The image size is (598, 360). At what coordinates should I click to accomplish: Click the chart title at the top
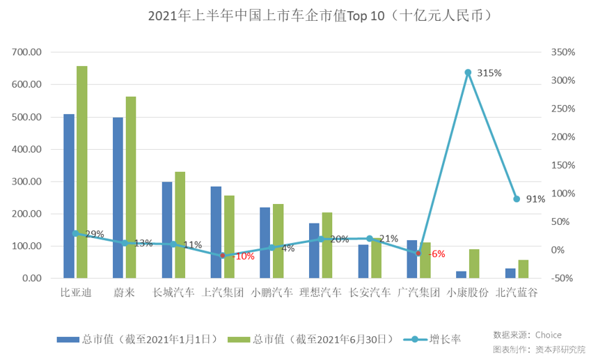(x=300, y=15)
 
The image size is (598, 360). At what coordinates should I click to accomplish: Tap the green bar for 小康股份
(x=474, y=264)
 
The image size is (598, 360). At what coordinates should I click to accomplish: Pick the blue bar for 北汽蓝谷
(x=510, y=274)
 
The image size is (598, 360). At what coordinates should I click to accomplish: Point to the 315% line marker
(x=468, y=72)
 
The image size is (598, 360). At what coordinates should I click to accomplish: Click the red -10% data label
(x=244, y=256)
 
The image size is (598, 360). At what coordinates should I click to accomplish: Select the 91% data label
(x=535, y=199)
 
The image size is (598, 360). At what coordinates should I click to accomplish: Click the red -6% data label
(x=436, y=254)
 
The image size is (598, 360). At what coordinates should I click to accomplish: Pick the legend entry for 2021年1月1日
(x=143, y=340)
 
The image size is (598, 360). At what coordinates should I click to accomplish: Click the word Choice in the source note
(x=549, y=335)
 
